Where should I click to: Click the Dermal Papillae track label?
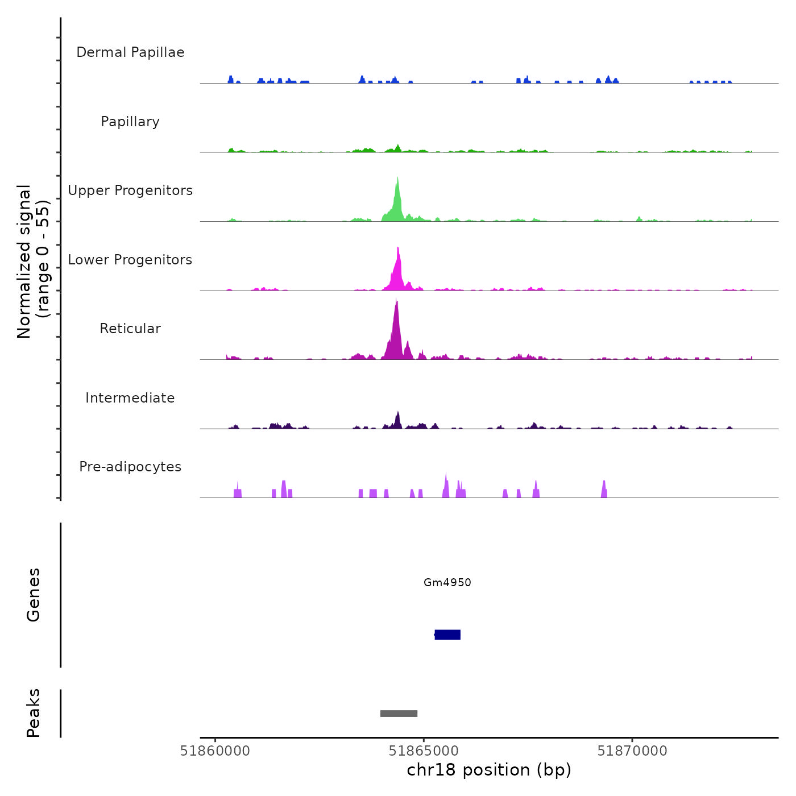point(130,52)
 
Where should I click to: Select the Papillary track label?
point(130,122)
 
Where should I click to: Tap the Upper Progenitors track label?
point(130,190)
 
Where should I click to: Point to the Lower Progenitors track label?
point(130,260)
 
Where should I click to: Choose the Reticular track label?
point(130,329)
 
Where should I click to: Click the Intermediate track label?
point(130,398)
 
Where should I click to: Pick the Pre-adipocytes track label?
point(130,467)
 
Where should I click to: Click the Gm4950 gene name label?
point(447,583)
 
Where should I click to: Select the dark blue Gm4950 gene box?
point(447,635)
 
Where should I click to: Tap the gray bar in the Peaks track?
point(399,714)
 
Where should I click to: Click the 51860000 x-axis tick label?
point(215,751)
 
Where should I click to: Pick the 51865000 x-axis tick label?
point(424,751)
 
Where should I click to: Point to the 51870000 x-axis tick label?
point(632,751)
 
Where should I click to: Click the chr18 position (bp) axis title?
point(489,770)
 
